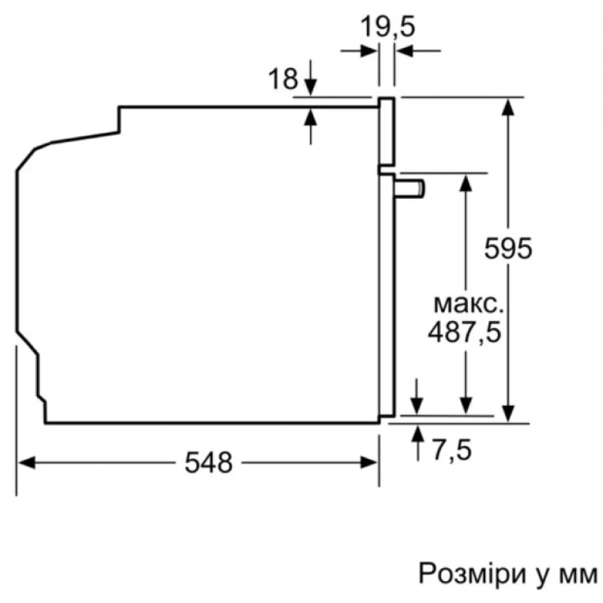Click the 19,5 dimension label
click(x=387, y=28)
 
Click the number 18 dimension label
click(x=283, y=79)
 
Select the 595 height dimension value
click(x=508, y=249)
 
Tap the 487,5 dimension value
click(x=464, y=333)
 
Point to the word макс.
click(x=468, y=305)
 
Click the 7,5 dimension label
click(x=451, y=450)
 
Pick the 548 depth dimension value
click(x=209, y=462)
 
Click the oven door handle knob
click(x=409, y=189)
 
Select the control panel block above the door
click(x=387, y=131)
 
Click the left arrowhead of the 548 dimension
click(x=26, y=462)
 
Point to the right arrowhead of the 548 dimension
click(x=369, y=462)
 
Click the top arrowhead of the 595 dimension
click(x=508, y=106)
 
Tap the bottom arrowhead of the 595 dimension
click(x=508, y=413)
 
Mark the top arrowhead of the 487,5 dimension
click(x=466, y=182)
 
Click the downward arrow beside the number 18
click(x=311, y=78)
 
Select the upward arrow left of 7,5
click(x=418, y=442)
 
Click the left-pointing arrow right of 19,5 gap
click(x=418, y=51)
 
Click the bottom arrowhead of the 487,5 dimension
click(x=466, y=406)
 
